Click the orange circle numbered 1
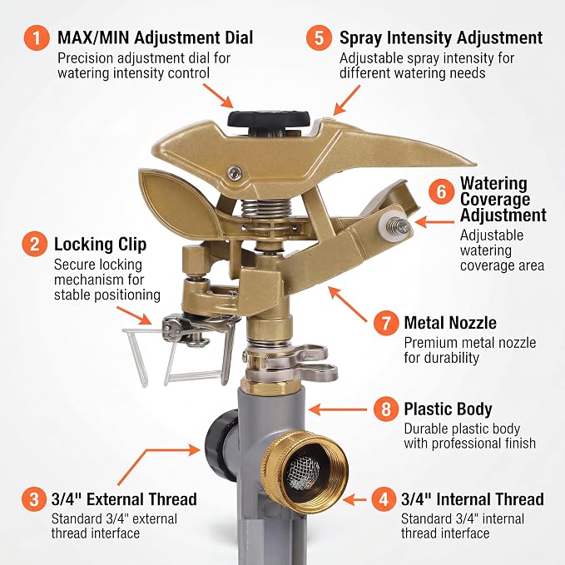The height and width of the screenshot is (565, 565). [x=37, y=37]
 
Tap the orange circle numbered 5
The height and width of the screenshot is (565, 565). [x=319, y=37]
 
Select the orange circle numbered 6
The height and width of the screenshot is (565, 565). [x=441, y=191]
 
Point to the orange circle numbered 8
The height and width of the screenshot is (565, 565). [x=386, y=409]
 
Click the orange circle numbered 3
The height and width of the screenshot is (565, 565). [x=34, y=499]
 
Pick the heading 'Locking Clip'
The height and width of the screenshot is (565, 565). [x=100, y=245]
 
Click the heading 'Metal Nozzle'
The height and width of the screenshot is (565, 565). [x=450, y=323]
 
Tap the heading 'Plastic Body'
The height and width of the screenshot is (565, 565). [x=448, y=409]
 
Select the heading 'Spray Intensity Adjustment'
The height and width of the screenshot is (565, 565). [x=441, y=38]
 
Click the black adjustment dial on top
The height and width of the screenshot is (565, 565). [x=269, y=119]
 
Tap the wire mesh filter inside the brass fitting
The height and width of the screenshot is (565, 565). [x=305, y=470]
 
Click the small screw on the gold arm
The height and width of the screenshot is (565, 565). [x=235, y=172]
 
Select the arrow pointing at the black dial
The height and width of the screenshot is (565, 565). [x=218, y=96]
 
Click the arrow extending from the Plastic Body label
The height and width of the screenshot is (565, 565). [x=338, y=409]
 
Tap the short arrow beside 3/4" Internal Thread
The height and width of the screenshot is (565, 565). [x=354, y=499]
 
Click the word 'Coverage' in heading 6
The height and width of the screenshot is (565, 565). [x=495, y=199]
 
